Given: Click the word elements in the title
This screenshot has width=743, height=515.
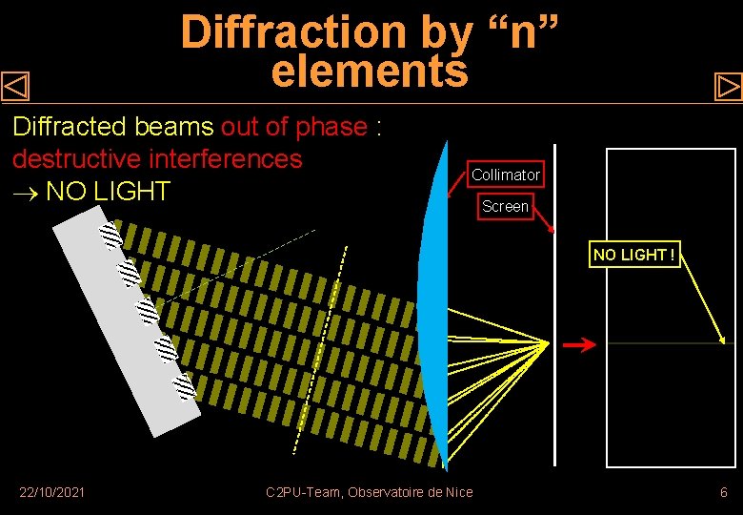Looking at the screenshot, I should click(x=370, y=72).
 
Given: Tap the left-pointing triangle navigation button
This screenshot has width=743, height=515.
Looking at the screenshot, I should click(x=16, y=88).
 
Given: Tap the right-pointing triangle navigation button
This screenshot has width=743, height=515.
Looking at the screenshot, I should click(x=728, y=88).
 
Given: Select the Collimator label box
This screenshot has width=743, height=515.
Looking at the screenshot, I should click(x=506, y=175).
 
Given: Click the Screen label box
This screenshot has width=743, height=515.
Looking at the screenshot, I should click(x=505, y=206).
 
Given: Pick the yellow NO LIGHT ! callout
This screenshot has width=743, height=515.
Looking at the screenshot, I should click(x=634, y=255).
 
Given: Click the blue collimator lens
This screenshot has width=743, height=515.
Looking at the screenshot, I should click(x=433, y=305).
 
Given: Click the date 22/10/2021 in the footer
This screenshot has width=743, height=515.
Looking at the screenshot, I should click(x=52, y=492).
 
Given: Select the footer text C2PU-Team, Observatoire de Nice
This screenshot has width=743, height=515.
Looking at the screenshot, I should click(x=369, y=492).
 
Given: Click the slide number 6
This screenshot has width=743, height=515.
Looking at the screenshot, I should click(x=724, y=492).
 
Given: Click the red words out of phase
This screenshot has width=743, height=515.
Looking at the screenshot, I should click(x=294, y=127).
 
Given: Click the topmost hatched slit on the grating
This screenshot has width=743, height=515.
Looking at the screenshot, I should click(x=111, y=235).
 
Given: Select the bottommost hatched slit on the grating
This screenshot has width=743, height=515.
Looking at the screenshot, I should click(x=184, y=385).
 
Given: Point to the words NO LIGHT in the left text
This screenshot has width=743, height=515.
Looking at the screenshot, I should click(x=108, y=191).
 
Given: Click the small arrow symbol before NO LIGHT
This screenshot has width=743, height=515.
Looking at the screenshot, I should click(x=24, y=192).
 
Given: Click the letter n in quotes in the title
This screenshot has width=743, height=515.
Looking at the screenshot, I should click(x=521, y=32).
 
